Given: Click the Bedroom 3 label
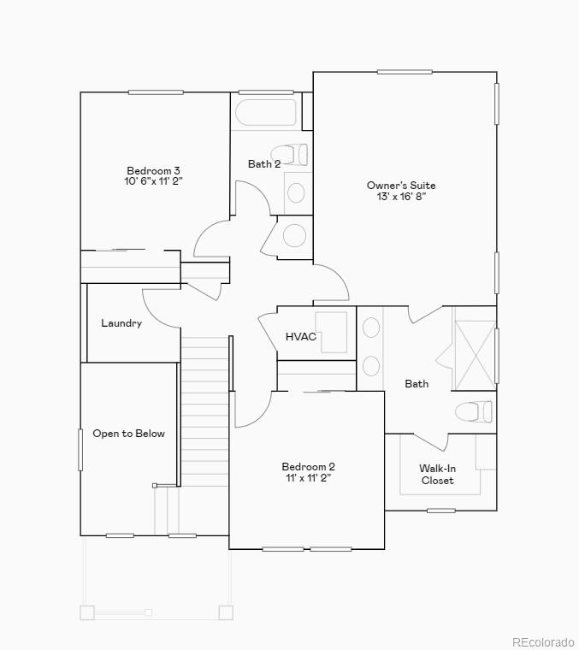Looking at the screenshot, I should click(154, 170).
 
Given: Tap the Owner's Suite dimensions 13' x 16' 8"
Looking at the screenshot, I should click(401, 197).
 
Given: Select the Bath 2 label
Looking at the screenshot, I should click(264, 164).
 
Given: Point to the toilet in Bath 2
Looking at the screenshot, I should click(291, 155).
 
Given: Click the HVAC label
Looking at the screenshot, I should click(301, 337).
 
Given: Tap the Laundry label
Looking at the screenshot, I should click(121, 323).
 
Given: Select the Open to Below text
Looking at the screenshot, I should click(128, 434).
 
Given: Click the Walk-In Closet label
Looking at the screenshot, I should click(437, 474).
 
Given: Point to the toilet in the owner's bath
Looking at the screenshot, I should click(473, 412).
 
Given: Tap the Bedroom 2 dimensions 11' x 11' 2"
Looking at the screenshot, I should click(308, 478).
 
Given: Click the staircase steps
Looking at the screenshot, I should click(204, 411).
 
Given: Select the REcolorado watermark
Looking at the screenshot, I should click(544, 642).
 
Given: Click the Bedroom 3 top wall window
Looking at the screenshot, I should click(156, 92).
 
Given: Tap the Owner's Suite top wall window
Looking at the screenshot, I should click(405, 72).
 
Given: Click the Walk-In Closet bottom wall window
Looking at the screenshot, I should click(441, 511).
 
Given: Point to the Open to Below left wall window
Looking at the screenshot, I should click(80, 449).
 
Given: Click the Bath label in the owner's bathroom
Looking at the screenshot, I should click(417, 384).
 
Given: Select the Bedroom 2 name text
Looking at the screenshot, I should click(308, 467).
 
